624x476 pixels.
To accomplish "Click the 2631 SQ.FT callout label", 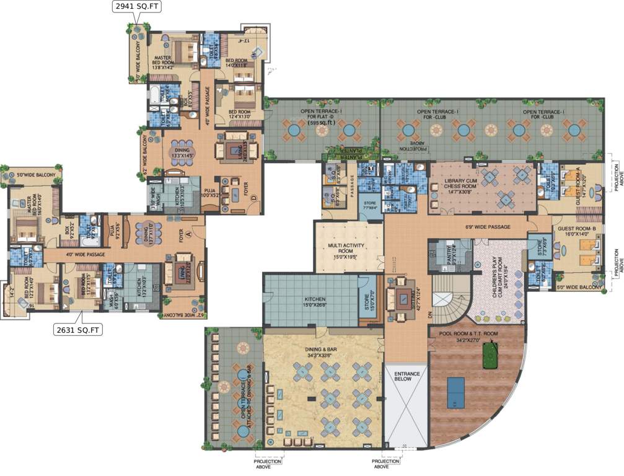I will [x=77, y=330].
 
